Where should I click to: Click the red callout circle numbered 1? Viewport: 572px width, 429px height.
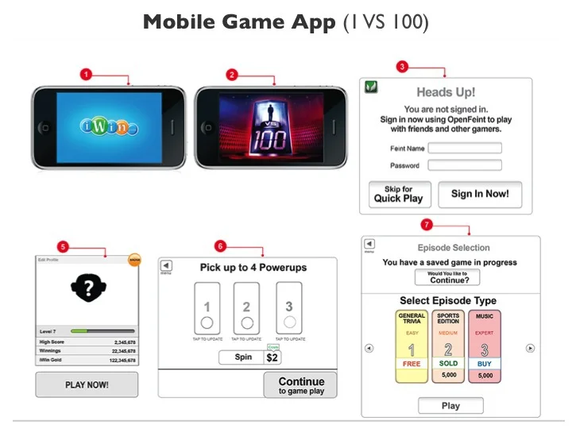pyautogui.click(x=86, y=74)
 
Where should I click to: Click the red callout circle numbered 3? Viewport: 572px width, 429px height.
pyautogui.click(x=403, y=67)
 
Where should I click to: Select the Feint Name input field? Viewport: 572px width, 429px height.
pyautogui.click(x=465, y=148)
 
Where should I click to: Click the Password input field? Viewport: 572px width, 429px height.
pyautogui.click(x=465, y=165)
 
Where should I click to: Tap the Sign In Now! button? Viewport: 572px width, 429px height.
pyautogui.click(x=480, y=195)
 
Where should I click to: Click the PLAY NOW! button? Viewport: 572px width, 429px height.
pyautogui.click(x=87, y=385)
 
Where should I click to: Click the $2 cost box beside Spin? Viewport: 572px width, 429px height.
pyautogui.click(x=272, y=358)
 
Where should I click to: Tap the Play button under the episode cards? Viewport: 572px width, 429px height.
pyautogui.click(x=450, y=406)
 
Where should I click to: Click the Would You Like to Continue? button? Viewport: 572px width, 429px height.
pyautogui.click(x=447, y=277)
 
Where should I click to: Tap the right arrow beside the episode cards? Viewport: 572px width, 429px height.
pyautogui.click(x=530, y=348)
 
